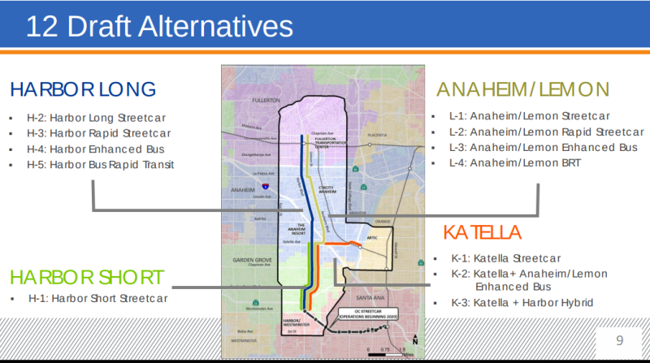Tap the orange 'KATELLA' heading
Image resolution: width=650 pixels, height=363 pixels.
tap(482, 233)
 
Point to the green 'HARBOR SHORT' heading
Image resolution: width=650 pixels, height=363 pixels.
tap(88, 276)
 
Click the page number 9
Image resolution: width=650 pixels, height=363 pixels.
tap(619, 339)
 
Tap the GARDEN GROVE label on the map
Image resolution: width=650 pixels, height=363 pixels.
tap(245, 257)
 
